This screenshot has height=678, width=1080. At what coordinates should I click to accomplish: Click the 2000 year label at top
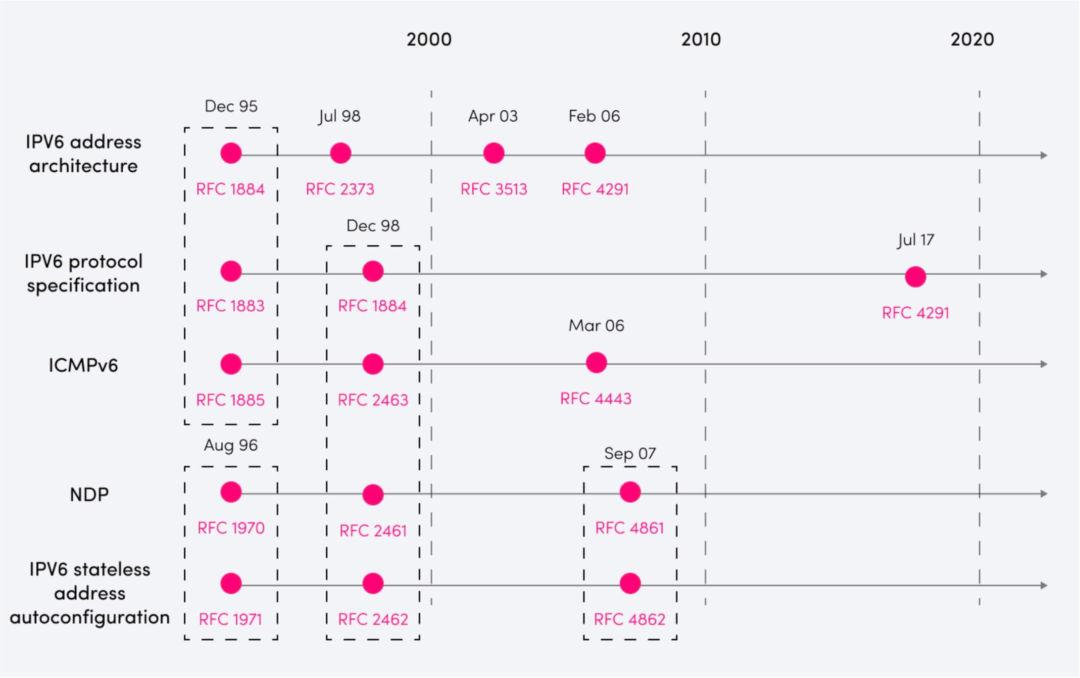pyautogui.click(x=429, y=40)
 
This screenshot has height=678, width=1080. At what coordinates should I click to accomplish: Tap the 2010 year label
pyautogui.click(x=701, y=40)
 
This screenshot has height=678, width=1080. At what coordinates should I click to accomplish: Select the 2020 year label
pyautogui.click(x=972, y=40)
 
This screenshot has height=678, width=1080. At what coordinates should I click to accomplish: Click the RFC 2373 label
pyautogui.click(x=340, y=189)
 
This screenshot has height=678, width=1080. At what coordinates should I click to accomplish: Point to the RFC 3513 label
pyautogui.click(x=494, y=189)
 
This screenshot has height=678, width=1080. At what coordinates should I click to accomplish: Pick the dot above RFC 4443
pyautogui.click(x=596, y=363)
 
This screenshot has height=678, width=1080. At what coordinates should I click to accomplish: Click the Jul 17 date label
pyautogui.click(x=916, y=240)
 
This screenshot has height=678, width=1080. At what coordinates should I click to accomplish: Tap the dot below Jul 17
pyautogui.click(x=916, y=277)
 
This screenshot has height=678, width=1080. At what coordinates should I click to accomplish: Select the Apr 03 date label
pyautogui.click(x=493, y=116)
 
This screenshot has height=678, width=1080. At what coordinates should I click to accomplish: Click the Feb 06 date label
pyautogui.click(x=594, y=116)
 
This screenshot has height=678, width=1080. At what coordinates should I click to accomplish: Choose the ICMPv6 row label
pyautogui.click(x=83, y=365)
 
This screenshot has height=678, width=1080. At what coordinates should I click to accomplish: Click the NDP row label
pyautogui.click(x=89, y=494)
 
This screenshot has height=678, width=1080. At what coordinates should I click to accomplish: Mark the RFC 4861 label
pyautogui.click(x=630, y=528)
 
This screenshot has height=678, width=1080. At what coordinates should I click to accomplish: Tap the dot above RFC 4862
pyautogui.click(x=630, y=583)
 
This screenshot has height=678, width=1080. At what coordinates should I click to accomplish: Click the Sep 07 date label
pyautogui.click(x=630, y=453)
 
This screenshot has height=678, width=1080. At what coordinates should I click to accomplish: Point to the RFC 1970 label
pyautogui.click(x=231, y=528)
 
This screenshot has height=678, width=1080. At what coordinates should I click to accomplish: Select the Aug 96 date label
pyautogui.click(x=231, y=445)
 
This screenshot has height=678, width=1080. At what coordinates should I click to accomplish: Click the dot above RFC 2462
pyautogui.click(x=373, y=583)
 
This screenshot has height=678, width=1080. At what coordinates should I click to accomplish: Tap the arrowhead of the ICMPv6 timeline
pyautogui.click(x=1044, y=364)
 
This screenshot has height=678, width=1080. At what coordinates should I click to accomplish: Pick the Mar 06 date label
pyautogui.click(x=596, y=326)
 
